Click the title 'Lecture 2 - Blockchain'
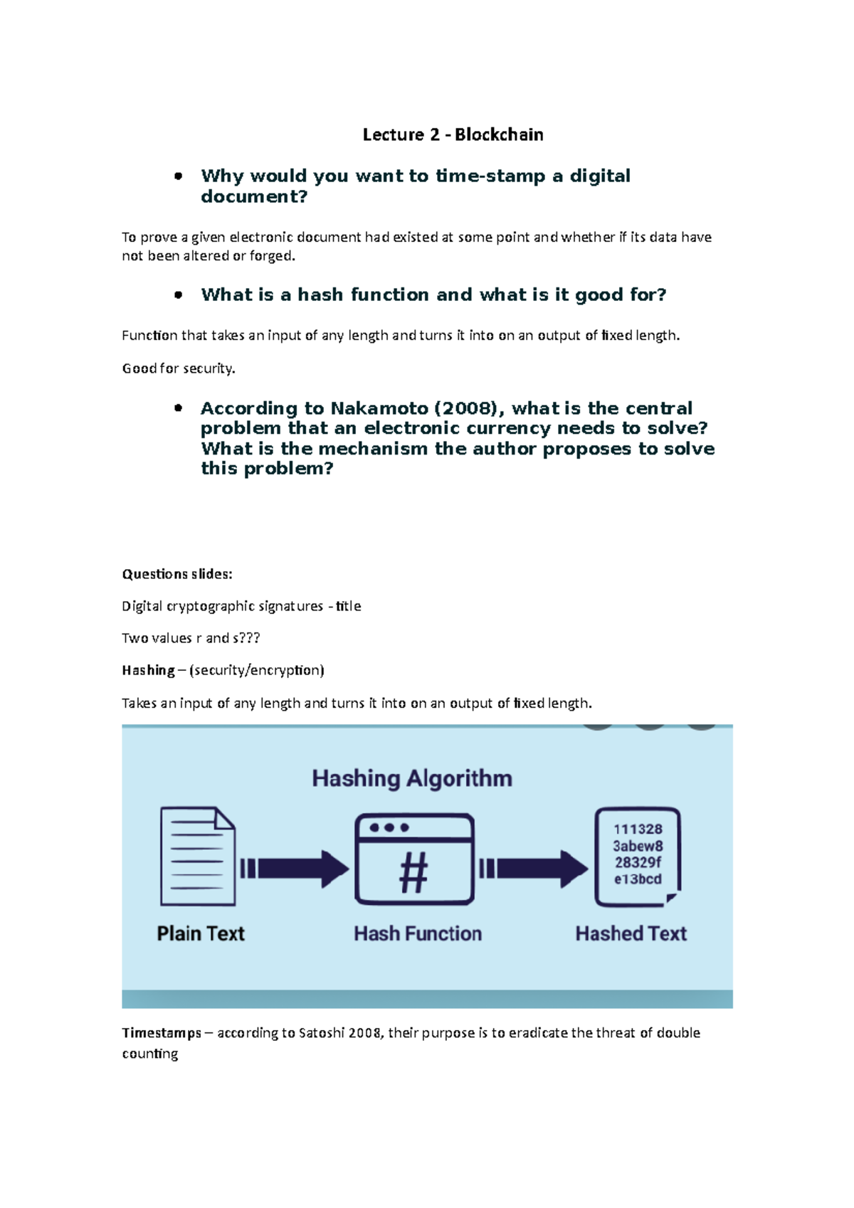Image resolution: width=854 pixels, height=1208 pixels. pos(453,134)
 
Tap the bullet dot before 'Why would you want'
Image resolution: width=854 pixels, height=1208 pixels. pos(179,176)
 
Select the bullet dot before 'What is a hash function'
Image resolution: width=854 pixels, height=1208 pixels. pos(179,295)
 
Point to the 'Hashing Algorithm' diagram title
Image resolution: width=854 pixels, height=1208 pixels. pos(412,778)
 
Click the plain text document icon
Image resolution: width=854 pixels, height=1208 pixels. pos(197,856)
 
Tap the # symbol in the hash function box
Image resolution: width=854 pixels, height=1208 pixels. pos(413,872)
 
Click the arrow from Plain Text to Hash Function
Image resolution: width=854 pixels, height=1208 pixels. pos(295,869)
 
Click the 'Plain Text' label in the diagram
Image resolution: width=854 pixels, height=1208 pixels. pos(201,933)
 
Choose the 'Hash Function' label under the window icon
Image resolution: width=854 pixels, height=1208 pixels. pos(418,933)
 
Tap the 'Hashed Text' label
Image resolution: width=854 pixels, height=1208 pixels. pos(631,933)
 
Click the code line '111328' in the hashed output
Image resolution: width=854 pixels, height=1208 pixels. pos(638,830)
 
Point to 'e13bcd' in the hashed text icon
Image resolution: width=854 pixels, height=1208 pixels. pos(638,879)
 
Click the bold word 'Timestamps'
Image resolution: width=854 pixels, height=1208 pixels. pos(162,1033)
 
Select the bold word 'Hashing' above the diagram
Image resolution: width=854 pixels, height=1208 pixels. pos(148,670)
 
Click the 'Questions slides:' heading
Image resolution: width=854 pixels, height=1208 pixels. pos(177,574)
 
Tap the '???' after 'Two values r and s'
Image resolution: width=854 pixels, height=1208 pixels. pos(250,638)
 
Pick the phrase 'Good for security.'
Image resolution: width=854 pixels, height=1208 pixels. pos(179,369)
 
